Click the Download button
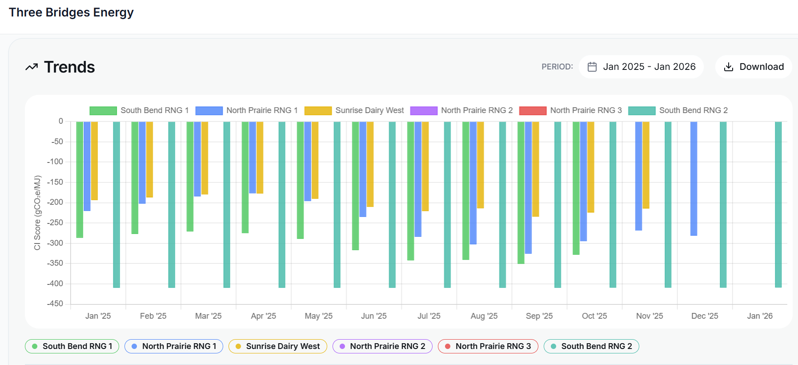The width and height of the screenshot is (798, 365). coord(754,67)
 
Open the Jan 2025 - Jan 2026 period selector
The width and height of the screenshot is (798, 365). coord(641,67)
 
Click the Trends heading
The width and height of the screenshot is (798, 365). coord(69,67)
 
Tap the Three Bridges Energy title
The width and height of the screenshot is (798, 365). coord(71,12)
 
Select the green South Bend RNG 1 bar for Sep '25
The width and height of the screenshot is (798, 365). coord(521,192)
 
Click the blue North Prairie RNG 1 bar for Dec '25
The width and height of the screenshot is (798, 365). coord(694,178)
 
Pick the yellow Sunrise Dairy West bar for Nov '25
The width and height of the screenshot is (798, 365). coord(646,165)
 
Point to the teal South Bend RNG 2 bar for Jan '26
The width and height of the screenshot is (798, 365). coord(778,205)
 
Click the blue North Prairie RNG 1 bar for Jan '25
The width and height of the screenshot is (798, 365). coord(87,166)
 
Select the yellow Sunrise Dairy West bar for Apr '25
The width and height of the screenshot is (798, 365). coord(260,157)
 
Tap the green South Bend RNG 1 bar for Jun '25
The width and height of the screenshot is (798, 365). coord(355,186)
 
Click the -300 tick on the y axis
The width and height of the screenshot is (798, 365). coord(56,243)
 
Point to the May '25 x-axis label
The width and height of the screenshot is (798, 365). coord(318,316)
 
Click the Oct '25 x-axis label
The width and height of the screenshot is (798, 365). coord(594,316)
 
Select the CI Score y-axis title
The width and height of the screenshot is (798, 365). coord(37,212)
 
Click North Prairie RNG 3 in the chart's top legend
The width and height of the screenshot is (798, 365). coord(585,110)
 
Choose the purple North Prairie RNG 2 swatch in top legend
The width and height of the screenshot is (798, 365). coord(424,111)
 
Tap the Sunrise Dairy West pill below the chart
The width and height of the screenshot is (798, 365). coord(278,346)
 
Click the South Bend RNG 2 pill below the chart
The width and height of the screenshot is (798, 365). coord(591,346)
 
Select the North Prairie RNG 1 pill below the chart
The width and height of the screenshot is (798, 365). coord(174,346)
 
